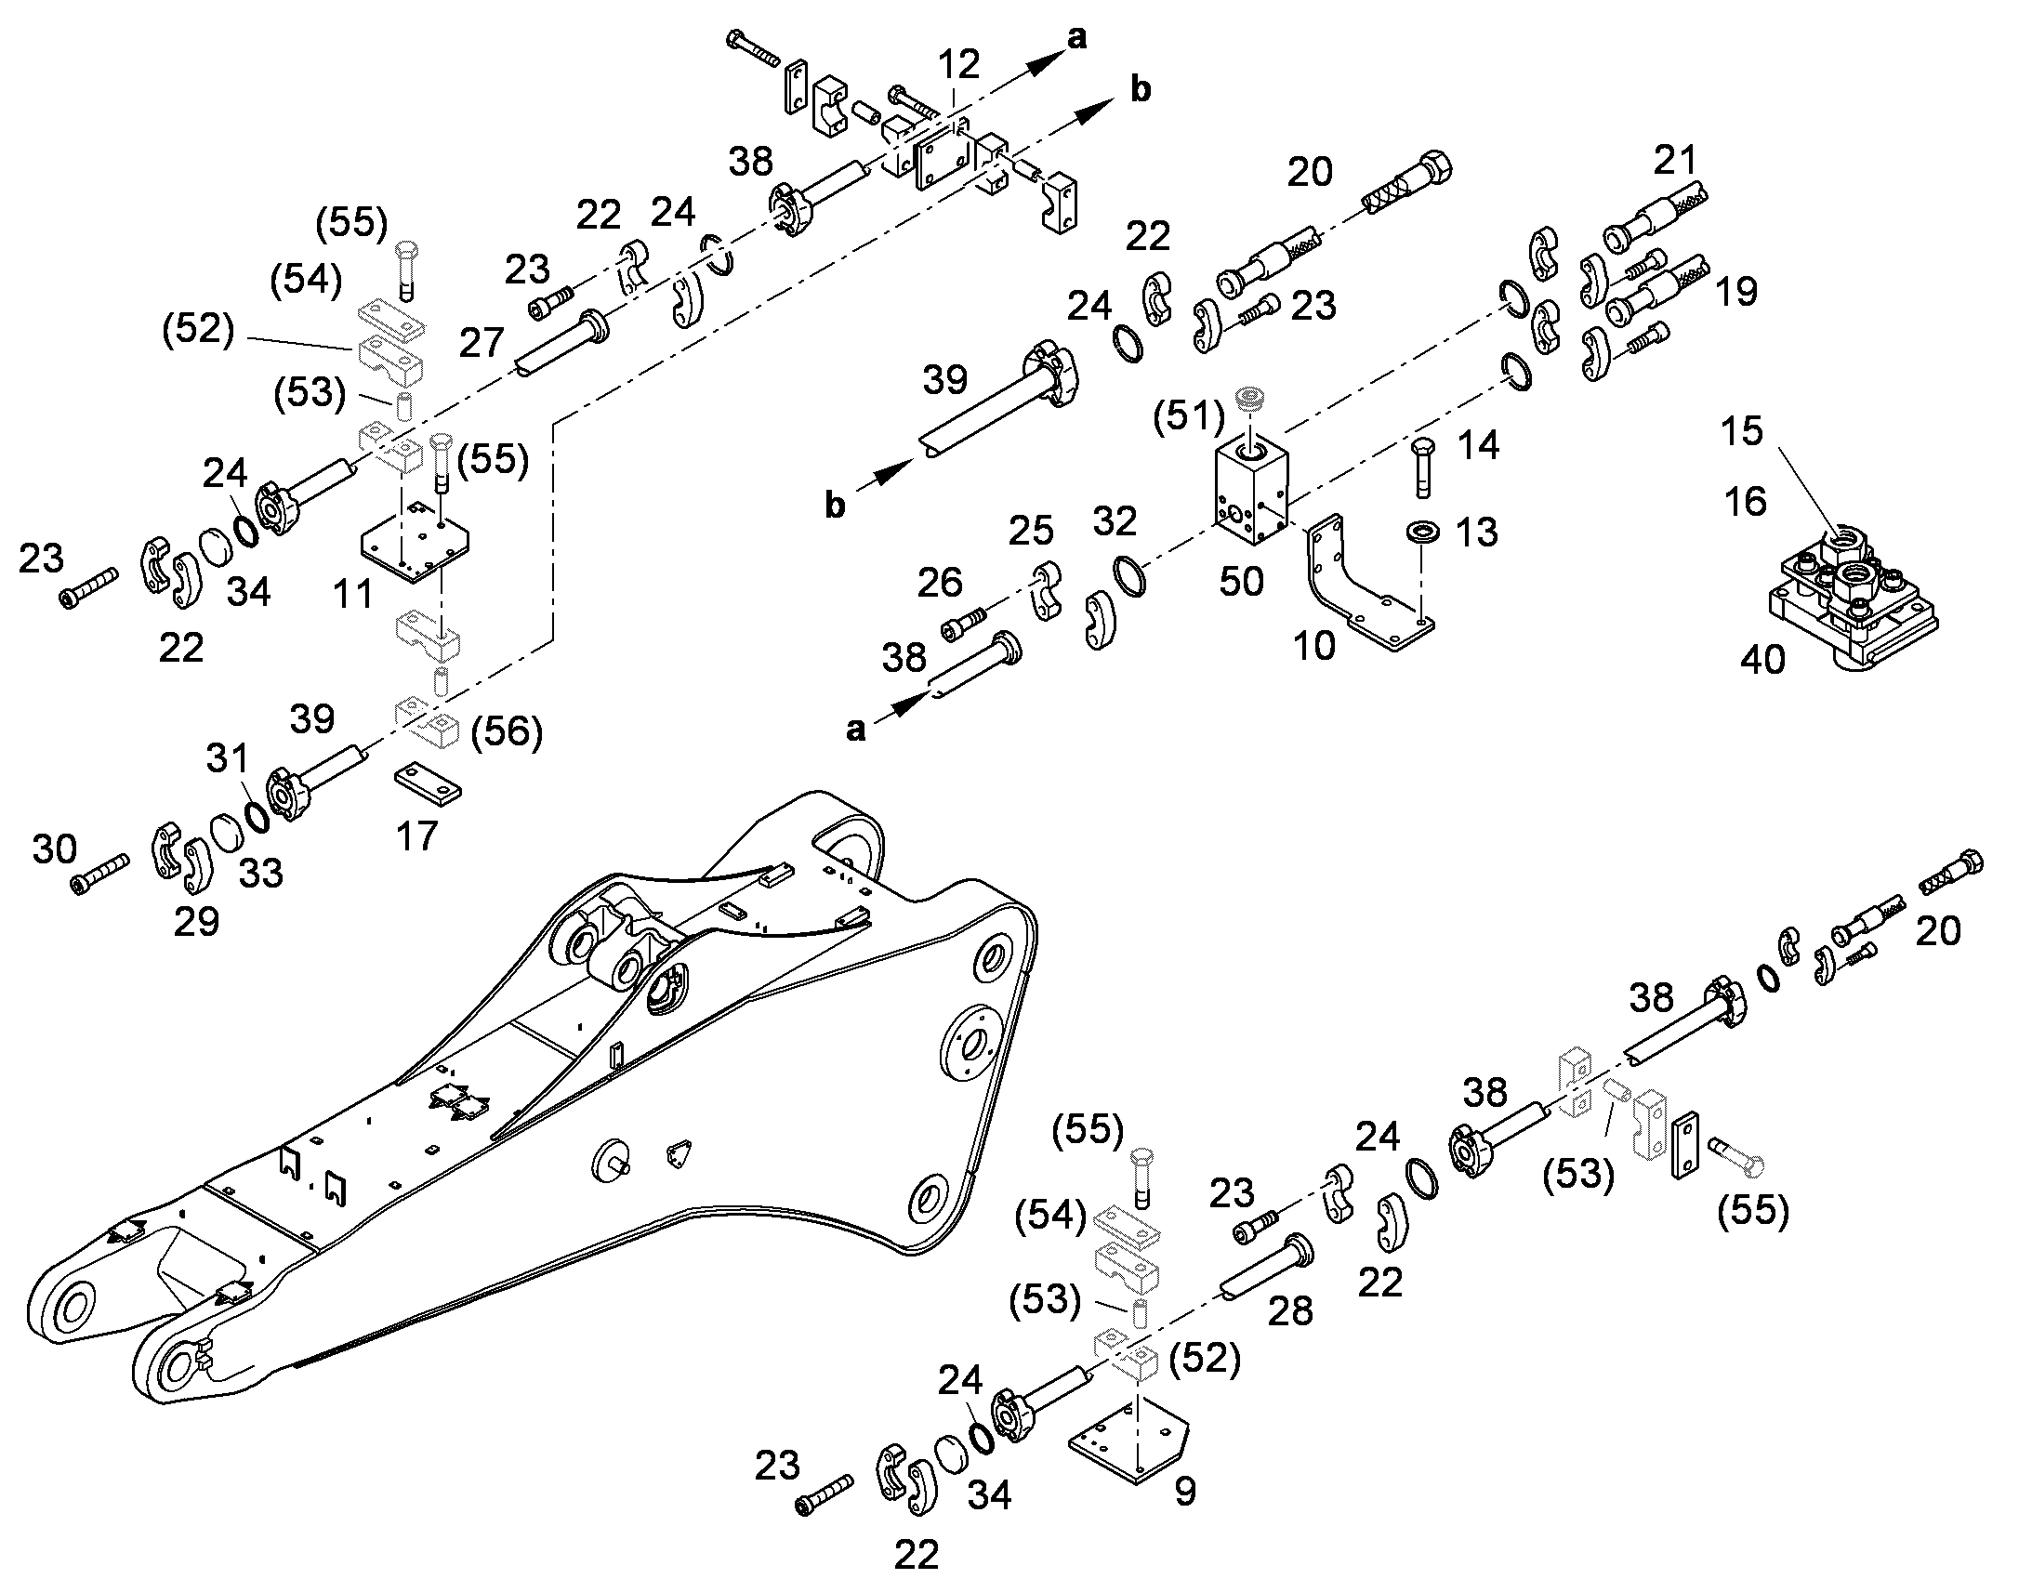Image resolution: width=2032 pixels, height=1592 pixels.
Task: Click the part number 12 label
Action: [x=958, y=64]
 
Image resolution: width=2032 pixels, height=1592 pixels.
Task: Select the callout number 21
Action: [x=1676, y=160]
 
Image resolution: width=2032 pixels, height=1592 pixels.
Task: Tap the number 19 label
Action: [x=1736, y=292]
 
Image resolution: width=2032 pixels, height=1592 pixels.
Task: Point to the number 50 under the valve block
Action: [x=1242, y=582]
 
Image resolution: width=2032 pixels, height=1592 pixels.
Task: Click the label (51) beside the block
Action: [x=1189, y=415]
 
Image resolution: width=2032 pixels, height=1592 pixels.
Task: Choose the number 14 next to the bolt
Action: [x=1478, y=445]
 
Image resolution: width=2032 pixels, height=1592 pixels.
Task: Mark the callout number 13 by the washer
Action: [x=1477, y=533]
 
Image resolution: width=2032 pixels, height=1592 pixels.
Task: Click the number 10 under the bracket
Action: [x=1314, y=645]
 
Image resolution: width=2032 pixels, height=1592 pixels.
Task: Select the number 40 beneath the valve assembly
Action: [x=1762, y=660]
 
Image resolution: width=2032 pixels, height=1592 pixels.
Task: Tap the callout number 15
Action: [x=1742, y=430]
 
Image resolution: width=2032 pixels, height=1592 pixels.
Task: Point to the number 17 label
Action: [x=416, y=836]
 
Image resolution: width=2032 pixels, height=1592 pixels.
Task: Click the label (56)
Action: [x=507, y=731]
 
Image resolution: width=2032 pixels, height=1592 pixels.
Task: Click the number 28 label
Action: [x=1291, y=1311]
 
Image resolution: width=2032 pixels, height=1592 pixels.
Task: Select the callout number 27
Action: [x=482, y=343]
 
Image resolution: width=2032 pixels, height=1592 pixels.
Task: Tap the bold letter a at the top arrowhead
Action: [x=1077, y=38]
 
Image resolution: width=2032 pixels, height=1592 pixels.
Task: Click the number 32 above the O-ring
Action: [x=1115, y=522]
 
